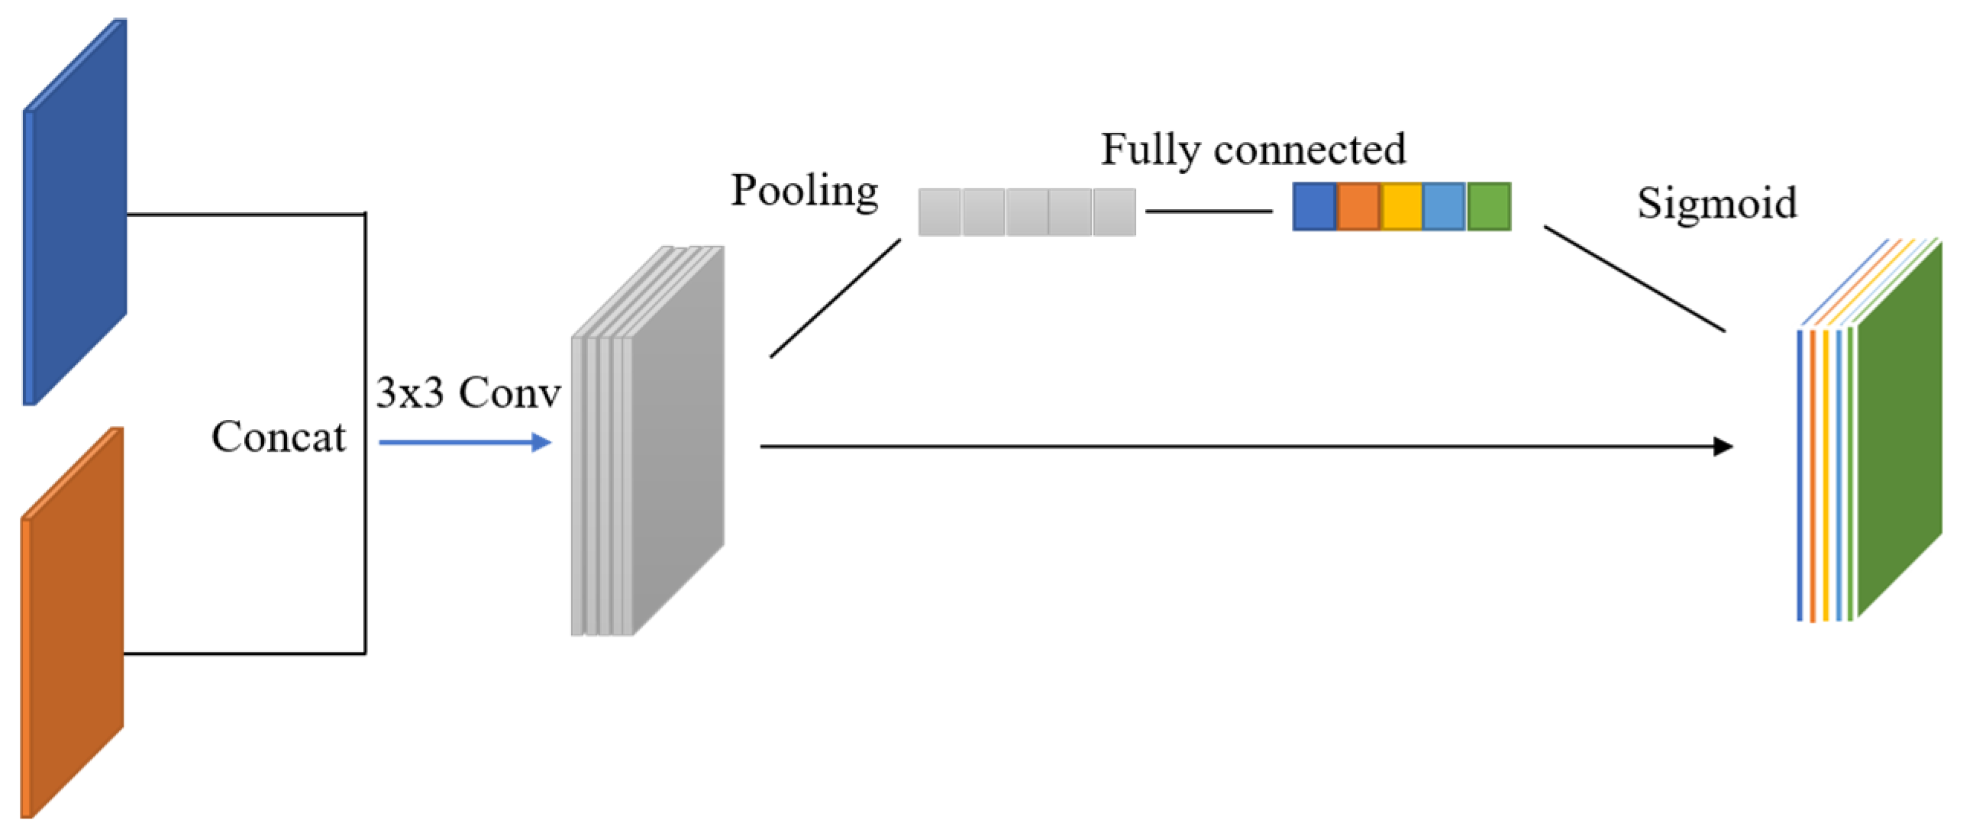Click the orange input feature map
(73, 622)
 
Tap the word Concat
(278, 437)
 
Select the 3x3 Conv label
(468, 393)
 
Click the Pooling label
(804, 190)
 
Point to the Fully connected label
(1252, 149)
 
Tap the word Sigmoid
(1716, 203)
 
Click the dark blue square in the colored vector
(1314, 207)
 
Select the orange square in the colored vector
(1358, 207)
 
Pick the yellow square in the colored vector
(1401, 207)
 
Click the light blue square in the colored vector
(1445, 207)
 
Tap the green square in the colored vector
(1489, 207)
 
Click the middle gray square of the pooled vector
(1027, 212)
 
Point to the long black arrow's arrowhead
(1722, 447)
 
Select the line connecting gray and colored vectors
(1208, 211)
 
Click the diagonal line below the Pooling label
(835, 298)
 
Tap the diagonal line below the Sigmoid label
(1634, 279)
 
